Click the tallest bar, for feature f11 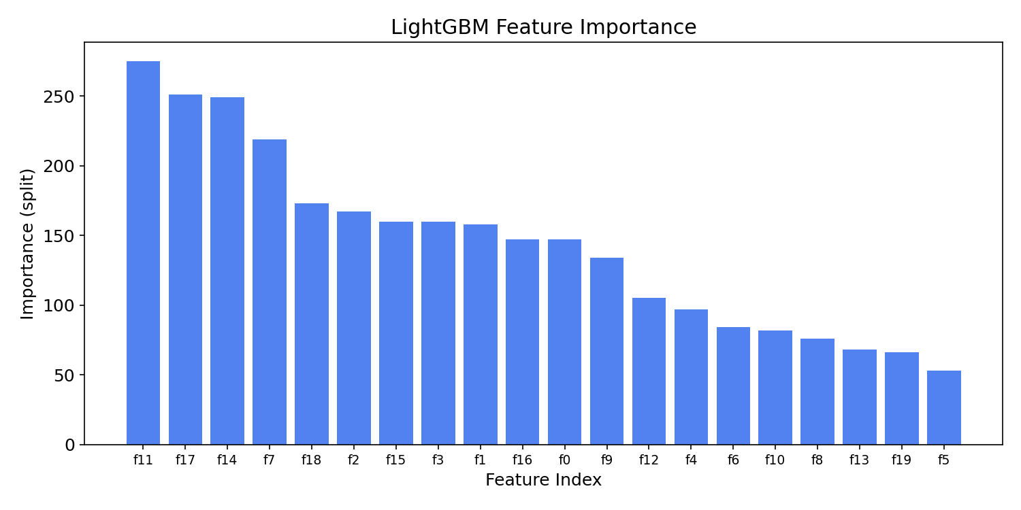pyautogui.click(x=143, y=253)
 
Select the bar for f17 pyautogui.click(x=185, y=269)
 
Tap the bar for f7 pyautogui.click(x=270, y=292)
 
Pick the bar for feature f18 pyautogui.click(x=312, y=324)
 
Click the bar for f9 pyautogui.click(x=606, y=351)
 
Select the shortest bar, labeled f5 pyautogui.click(x=943, y=407)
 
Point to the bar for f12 pyautogui.click(x=649, y=371)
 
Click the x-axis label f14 pyautogui.click(x=227, y=460)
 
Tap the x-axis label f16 pyautogui.click(x=522, y=460)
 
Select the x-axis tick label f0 pyautogui.click(x=564, y=460)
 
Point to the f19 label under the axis pyautogui.click(x=901, y=460)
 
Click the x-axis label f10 pyautogui.click(x=775, y=460)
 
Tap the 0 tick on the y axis pyautogui.click(x=70, y=445)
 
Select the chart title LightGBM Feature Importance pyautogui.click(x=543, y=27)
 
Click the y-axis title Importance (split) pyautogui.click(x=27, y=243)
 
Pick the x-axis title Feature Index pyautogui.click(x=543, y=480)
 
